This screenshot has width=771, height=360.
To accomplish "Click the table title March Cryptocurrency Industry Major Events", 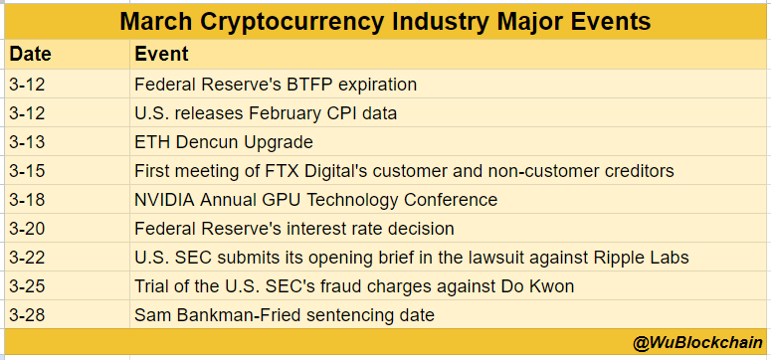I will [x=386, y=21].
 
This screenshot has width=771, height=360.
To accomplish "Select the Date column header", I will [x=30, y=55].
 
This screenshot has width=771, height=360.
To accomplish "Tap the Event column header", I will [x=161, y=55].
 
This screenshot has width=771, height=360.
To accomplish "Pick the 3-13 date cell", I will [x=27, y=142].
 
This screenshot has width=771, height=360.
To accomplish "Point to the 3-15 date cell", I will [x=27, y=171].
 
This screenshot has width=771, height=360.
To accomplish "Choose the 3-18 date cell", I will [x=27, y=200].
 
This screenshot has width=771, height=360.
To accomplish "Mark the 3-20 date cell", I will [x=27, y=229].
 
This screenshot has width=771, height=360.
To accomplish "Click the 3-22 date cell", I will [x=27, y=258].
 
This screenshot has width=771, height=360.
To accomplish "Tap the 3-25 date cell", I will [x=27, y=286].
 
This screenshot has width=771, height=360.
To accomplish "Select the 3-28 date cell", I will [x=27, y=315].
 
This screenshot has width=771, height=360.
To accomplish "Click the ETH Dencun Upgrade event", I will [x=224, y=142].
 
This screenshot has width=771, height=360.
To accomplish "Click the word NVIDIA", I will [x=165, y=200].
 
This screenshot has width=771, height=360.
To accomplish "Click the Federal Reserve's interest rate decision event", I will [x=294, y=229].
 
